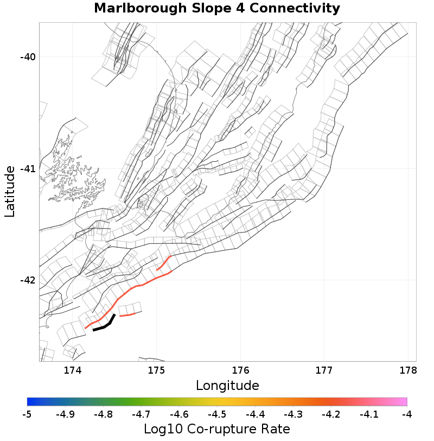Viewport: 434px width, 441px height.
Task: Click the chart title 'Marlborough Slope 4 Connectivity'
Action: [217, 9]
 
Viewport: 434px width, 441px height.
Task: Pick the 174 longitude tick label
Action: [73, 371]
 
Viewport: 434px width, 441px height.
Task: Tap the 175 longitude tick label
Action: [156, 371]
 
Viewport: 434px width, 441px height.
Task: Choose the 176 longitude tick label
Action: [240, 371]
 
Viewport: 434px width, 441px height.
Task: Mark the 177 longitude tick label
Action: [324, 371]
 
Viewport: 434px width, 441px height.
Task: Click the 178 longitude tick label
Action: [407, 371]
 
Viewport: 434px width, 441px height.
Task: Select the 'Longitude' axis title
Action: [227, 386]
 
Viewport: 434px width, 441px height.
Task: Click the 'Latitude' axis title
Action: [10, 192]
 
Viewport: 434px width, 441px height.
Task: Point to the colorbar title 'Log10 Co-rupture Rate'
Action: [217, 429]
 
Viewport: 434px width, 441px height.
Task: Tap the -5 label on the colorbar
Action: [27, 414]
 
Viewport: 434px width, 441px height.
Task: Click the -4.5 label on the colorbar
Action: [217, 414]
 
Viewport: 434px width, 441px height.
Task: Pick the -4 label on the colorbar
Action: [407, 414]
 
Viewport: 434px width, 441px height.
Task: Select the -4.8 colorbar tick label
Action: [103, 414]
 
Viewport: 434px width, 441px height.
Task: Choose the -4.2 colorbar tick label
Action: [331, 414]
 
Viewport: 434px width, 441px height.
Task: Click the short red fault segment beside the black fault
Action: [127, 314]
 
